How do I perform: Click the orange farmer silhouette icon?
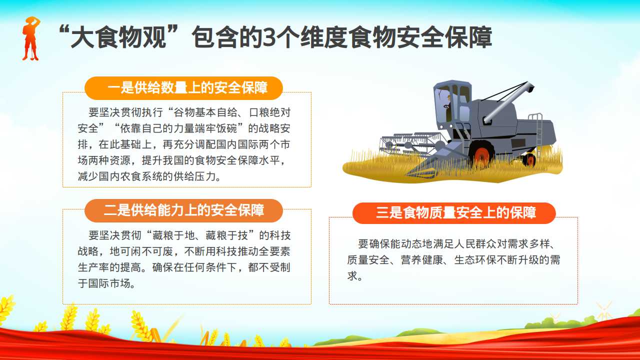30,38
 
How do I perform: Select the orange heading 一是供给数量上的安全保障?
187,87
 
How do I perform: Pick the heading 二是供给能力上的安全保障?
183,210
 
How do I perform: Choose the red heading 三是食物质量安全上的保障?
455,212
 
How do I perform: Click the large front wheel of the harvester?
481,154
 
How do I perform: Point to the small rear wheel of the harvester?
529,159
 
